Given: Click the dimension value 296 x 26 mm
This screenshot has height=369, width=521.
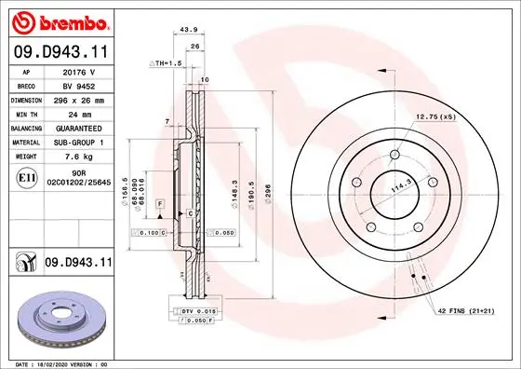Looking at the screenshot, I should pos(76,98).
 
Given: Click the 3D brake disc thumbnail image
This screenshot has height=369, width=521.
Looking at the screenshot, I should pos(58,318).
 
